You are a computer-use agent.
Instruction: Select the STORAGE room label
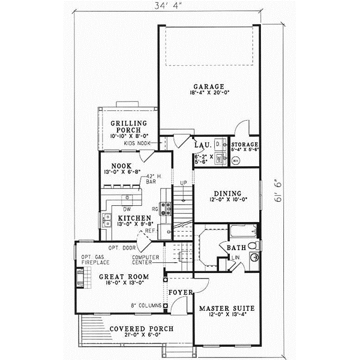click(x=245, y=145)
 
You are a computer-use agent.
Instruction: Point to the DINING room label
click(x=227, y=193)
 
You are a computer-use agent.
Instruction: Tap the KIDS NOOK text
click(x=137, y=144)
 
